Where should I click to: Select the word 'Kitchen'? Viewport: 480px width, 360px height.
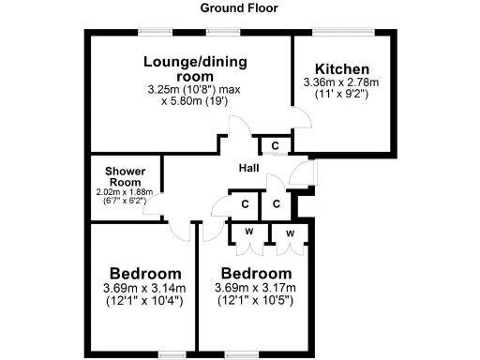pyautogui.click(x=341, y=69)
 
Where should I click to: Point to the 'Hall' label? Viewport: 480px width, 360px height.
pyautogui.click(x=248, y=168)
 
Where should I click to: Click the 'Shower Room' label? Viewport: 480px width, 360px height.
pyautogui.click(x=125, y=176)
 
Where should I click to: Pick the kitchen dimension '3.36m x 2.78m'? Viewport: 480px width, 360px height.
pyautogui.click(x=341, y=82)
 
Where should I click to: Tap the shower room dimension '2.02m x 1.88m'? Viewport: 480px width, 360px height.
pyautogui.click(x=125, y=192)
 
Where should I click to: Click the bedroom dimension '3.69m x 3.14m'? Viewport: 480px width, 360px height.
pyautogui.click(x=143, y=288)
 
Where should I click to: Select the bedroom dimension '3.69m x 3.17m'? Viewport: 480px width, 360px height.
pyautogui.click(x=255, y=288)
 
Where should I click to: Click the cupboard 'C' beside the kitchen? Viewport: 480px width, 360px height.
pyautogui.click(x=275, y=146)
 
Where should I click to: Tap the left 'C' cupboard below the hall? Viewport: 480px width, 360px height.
pyautogui.click(x=245, y=204)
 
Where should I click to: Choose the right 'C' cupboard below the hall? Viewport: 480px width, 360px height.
pyautogui.click(x=277, y=204)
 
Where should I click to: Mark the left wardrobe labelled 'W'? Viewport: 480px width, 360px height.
pyautogui.click(x=248, y=232)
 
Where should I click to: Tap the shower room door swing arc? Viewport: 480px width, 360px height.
pyautogui.click(x=150, y=209)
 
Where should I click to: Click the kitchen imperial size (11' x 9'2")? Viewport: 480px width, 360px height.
pyautogui.click(x=341, y=95)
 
